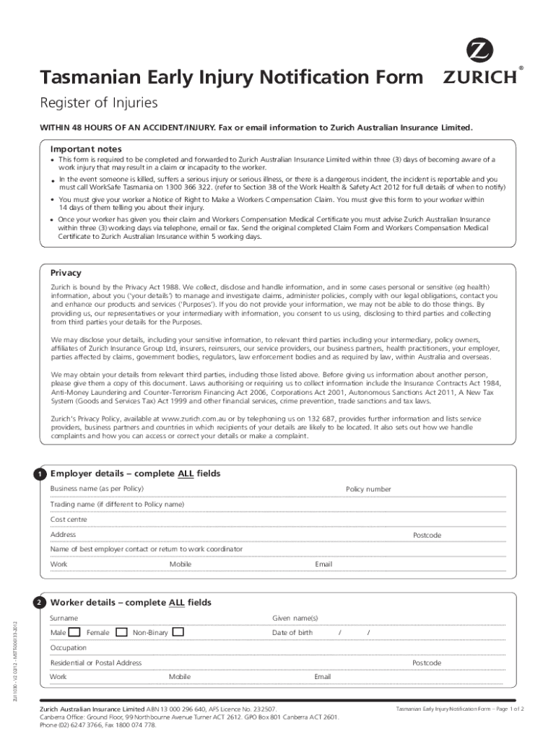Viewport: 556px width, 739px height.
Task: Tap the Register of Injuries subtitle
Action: (x=98, y=102)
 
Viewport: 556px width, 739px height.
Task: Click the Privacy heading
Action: (x=65, y=273)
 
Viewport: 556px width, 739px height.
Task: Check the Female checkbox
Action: (x=120, y=633)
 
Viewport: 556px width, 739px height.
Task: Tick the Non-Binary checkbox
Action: (x=178, y=633)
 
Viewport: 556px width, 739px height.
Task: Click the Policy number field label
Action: (x=368, y=489)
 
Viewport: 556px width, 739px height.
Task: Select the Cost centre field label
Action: (x=69, y=520)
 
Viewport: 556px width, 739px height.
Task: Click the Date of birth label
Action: (x=292, y=633)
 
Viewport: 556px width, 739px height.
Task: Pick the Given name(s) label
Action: (x=295, y=618)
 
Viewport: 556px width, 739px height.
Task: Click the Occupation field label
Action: (x=68, y=648)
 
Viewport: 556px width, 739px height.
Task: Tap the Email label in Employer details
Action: (x=323, y=564)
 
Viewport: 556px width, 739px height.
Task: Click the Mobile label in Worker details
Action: (x=180, y=677)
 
